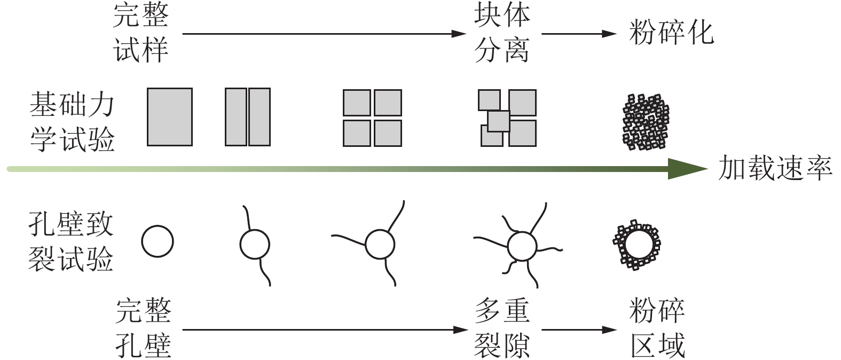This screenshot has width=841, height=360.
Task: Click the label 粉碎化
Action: point(671,33)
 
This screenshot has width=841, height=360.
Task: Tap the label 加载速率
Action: point(775,169)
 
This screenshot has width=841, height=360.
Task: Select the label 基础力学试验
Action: point(72,122)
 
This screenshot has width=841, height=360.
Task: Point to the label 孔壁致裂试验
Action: point(71,242)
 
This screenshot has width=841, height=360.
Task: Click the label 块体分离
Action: point(501,33)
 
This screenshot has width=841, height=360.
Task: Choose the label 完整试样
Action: point(141,33)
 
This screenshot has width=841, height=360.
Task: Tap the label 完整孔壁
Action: point(143,328)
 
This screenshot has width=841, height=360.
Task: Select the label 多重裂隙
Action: point(501,328)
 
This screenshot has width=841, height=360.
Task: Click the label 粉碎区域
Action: point(657,328)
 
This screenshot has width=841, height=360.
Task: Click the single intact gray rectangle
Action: point(169,117)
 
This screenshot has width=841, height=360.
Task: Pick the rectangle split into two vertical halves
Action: point(247,117)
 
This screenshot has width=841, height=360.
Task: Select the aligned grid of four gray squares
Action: point(372,118)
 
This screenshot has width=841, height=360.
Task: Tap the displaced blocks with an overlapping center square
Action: point(507,118)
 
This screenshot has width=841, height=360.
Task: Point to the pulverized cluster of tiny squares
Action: point(646,122)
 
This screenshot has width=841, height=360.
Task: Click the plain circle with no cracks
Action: point(158,241)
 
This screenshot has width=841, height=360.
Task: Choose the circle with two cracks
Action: point(255,245)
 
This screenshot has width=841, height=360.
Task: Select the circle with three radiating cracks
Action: point(380,245)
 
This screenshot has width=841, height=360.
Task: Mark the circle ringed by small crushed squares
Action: point(636,245)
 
